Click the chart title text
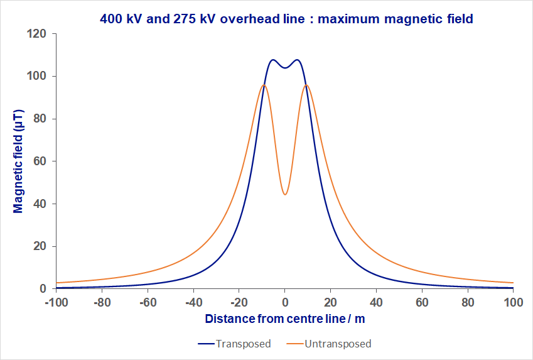[x=286, y=19]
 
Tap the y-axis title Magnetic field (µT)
[x=18, y=161]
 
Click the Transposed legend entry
[x=234, y=344]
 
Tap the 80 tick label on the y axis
[x=41, y=119]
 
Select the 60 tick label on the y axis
[x=41, y=161]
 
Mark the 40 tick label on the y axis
[x=41, y=204]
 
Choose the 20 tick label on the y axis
[x=41, y=246]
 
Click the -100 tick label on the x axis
[x=56, y=302]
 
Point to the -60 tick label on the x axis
[x=148, y=302]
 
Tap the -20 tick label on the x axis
[x=239, y=302]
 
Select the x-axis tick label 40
[x=376, y=302]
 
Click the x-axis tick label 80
[x=468, y=302]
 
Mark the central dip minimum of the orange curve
[x=285, y=195]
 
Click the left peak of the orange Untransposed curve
[x=264, y=85]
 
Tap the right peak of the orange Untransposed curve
[x=306, y=85]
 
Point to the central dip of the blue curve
[x=285, y=68]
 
